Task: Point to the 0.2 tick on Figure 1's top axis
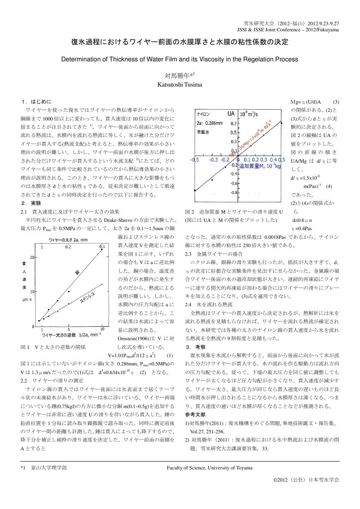tap(81, 246)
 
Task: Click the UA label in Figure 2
tap(231, 114)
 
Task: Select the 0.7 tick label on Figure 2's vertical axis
tap(233, 124)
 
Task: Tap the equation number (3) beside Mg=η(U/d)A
tap(336, 101)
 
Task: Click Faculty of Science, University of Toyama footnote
tap(209, 467)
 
